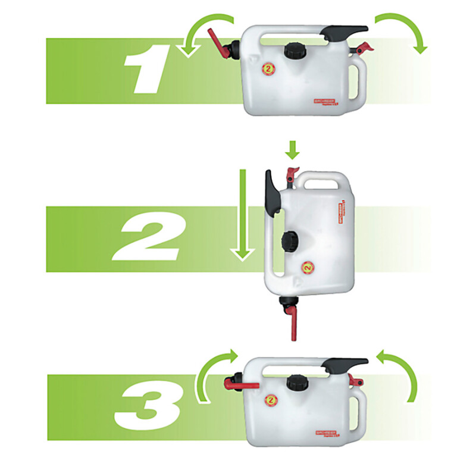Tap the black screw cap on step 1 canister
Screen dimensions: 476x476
(293, 50)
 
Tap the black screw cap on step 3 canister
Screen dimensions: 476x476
(295, 383)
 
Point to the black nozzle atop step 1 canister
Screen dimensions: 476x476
(342, 32)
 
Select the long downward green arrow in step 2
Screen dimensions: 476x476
(241, 214)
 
